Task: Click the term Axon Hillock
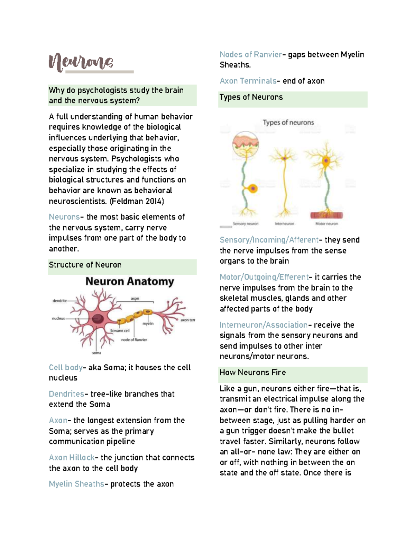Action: click(x=72, y=458)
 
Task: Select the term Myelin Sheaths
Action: click(x=76, y=484)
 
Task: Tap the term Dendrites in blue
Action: click(x=66, y=394)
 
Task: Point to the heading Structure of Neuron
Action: click(x=85, y=265)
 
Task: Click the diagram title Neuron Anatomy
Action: click(x=130, y=281)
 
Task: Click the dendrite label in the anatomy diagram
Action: click(x=59, y=301)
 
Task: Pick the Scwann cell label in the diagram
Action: click(x=120, y=330)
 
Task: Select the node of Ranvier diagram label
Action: click(x=134, y=340)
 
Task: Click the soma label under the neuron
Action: click(x=96, y=353)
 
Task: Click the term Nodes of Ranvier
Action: click(x=251, y=55)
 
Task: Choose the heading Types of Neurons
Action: click(x=251, y=97)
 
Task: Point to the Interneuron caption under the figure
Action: click(x=284, y=224)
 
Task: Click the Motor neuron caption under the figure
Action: click(x=326, y=224)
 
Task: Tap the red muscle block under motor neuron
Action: click(x=326, y=215)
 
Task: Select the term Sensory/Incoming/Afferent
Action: click(x=269, y=240)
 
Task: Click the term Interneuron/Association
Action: click(x=263, y=325)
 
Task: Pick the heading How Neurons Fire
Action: click(x=252, y=373)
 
